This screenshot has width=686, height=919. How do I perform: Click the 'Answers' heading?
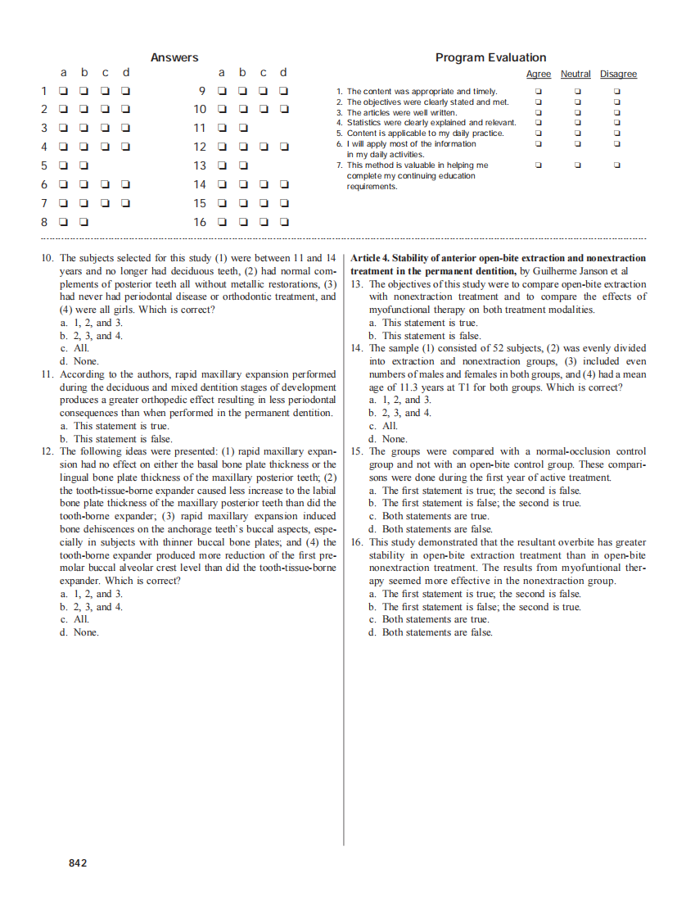click(x=174, y=57)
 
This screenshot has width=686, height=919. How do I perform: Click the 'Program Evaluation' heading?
click(x=490, y=57)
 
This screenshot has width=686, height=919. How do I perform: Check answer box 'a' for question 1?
click(x=63, y=91)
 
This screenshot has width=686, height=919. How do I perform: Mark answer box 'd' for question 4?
click(x=126, y=147)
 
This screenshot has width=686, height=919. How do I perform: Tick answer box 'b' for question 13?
click(x=243, y=165)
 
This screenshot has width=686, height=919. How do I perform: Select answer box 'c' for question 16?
click(x=264, y=222)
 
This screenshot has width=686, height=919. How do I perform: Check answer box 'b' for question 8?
click(x=84, y=222)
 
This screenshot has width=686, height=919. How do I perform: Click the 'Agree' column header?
click(x=538, y=75)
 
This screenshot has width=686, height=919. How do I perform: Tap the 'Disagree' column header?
click(x=618, y=75)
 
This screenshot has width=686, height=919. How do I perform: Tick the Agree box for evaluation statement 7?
click(x=539, y=165)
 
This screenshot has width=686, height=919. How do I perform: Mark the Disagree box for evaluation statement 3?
click(x=618, y=112)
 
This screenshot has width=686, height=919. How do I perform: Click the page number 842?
click(x=78, y=863)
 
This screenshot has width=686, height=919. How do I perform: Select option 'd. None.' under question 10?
click(x=79, y=361)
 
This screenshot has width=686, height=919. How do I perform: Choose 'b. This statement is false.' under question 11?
click(x=115, y=439)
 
